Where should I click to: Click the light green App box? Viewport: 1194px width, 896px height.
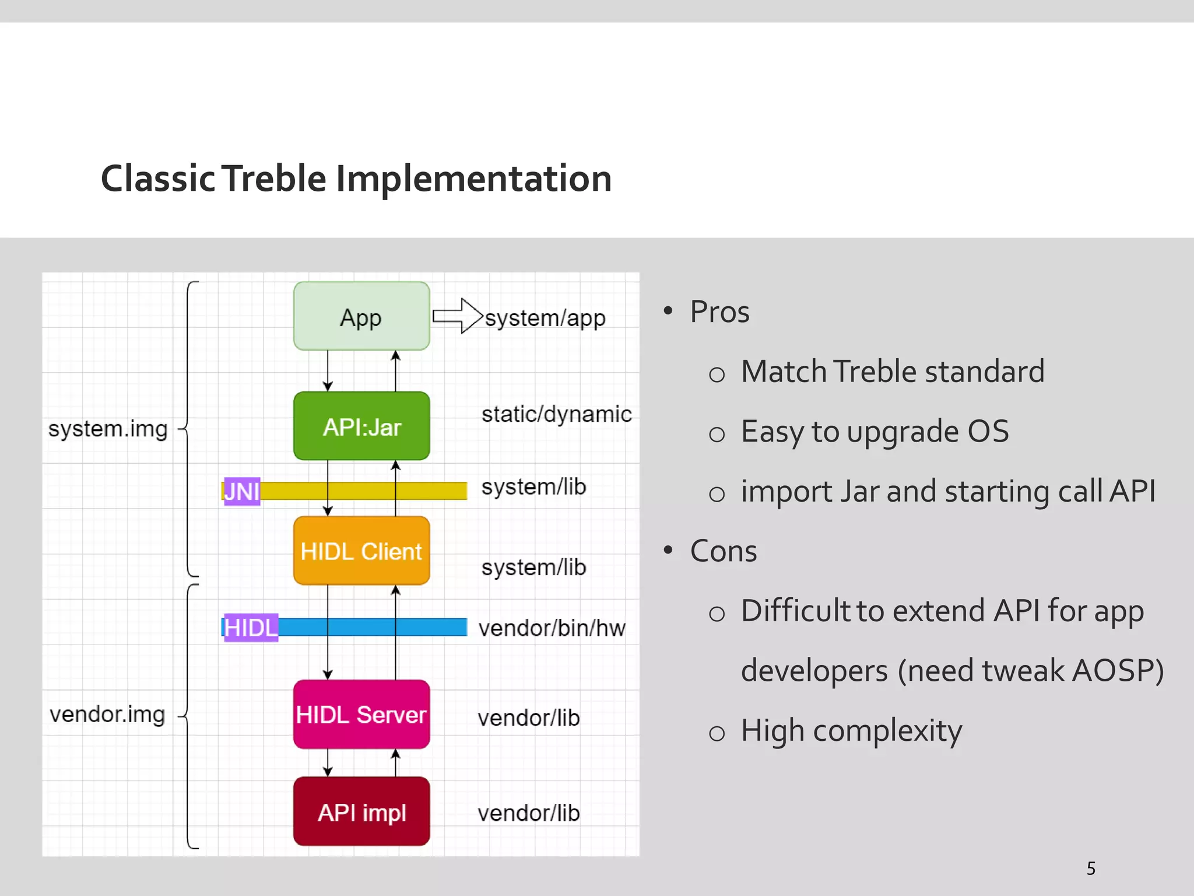pos(361,317)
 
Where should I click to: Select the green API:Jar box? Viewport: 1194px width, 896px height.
pos(361,426)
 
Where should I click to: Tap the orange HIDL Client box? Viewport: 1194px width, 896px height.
pos(361,551)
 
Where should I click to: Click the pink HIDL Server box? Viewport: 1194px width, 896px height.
pos(361,714)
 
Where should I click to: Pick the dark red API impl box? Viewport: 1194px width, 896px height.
pos(361,811)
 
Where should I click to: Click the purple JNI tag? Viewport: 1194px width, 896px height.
pos(241,491)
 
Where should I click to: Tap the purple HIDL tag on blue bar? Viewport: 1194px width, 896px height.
pos(251,628)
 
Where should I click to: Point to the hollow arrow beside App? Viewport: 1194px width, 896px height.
pos(458,316)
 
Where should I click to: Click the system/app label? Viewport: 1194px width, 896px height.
pos(545,318)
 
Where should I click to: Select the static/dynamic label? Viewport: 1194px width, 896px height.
pos(556,414)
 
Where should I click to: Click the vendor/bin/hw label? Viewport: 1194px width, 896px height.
pos(552,628)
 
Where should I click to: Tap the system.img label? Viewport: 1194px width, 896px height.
pos(108,429)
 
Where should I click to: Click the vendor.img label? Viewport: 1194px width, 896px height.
pos(107,715)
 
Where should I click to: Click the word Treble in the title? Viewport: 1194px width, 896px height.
pos(274,178)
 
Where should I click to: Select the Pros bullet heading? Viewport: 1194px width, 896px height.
pos(719,311)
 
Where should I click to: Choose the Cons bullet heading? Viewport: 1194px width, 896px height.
pos(723,551)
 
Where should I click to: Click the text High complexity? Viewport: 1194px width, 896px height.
pos(851,731)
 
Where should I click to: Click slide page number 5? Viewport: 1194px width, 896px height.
pos(1091,869)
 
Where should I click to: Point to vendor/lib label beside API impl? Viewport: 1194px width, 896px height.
pos(528,813)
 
